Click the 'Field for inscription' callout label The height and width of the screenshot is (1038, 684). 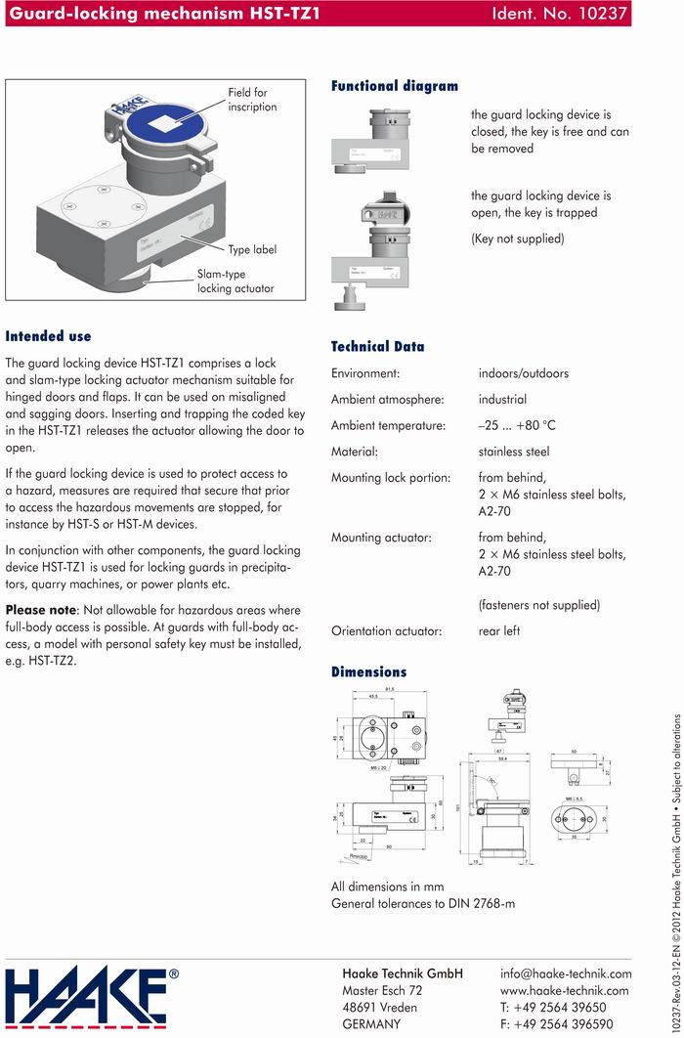[x=252, y=100]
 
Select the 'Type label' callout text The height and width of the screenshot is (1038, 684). [x=252, y=249]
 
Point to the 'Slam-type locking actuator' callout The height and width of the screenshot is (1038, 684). [x=235, y=281]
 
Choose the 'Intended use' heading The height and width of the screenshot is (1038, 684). [x=48, y=336]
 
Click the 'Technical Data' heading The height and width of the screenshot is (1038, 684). [x=378, y=346]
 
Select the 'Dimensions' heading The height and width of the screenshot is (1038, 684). [x=368, y=671]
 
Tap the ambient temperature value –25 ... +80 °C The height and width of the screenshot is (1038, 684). [x=517, y=425]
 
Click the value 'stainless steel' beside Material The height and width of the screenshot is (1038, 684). [x=514, y=452]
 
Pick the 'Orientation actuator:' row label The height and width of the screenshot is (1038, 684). [x=386, y=631]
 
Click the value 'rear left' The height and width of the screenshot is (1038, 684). [x=499, y=631]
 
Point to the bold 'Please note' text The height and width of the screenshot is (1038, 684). [x=41, y=610]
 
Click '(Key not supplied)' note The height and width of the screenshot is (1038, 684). [x=517, y=238]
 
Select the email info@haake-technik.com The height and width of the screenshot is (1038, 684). [x=566, y=973]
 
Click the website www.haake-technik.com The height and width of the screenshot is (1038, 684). [x=564, y=990]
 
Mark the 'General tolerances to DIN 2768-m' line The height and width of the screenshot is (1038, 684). [x=423, y=903]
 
